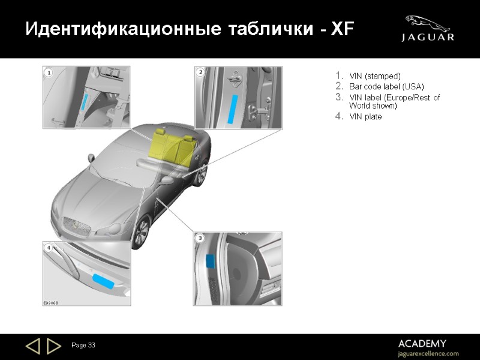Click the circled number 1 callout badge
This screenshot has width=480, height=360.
coord(48,73)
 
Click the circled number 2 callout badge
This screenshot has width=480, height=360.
coord(201,72)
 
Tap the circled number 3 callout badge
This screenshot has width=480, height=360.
coord(200,238)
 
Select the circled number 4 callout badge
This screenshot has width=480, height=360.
coord(48,247)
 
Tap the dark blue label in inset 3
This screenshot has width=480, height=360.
coord(211,261)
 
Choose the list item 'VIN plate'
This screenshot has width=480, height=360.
coord(365,116)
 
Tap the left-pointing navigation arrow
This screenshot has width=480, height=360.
coord(32,346)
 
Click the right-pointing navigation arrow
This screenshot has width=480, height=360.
coord(53,346)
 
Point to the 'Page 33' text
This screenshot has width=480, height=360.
coord(83,345)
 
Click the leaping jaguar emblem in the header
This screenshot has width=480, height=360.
coord(427,23)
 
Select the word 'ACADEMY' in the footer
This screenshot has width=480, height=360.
coord(422,343)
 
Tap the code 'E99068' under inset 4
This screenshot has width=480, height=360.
coord(50,303)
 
